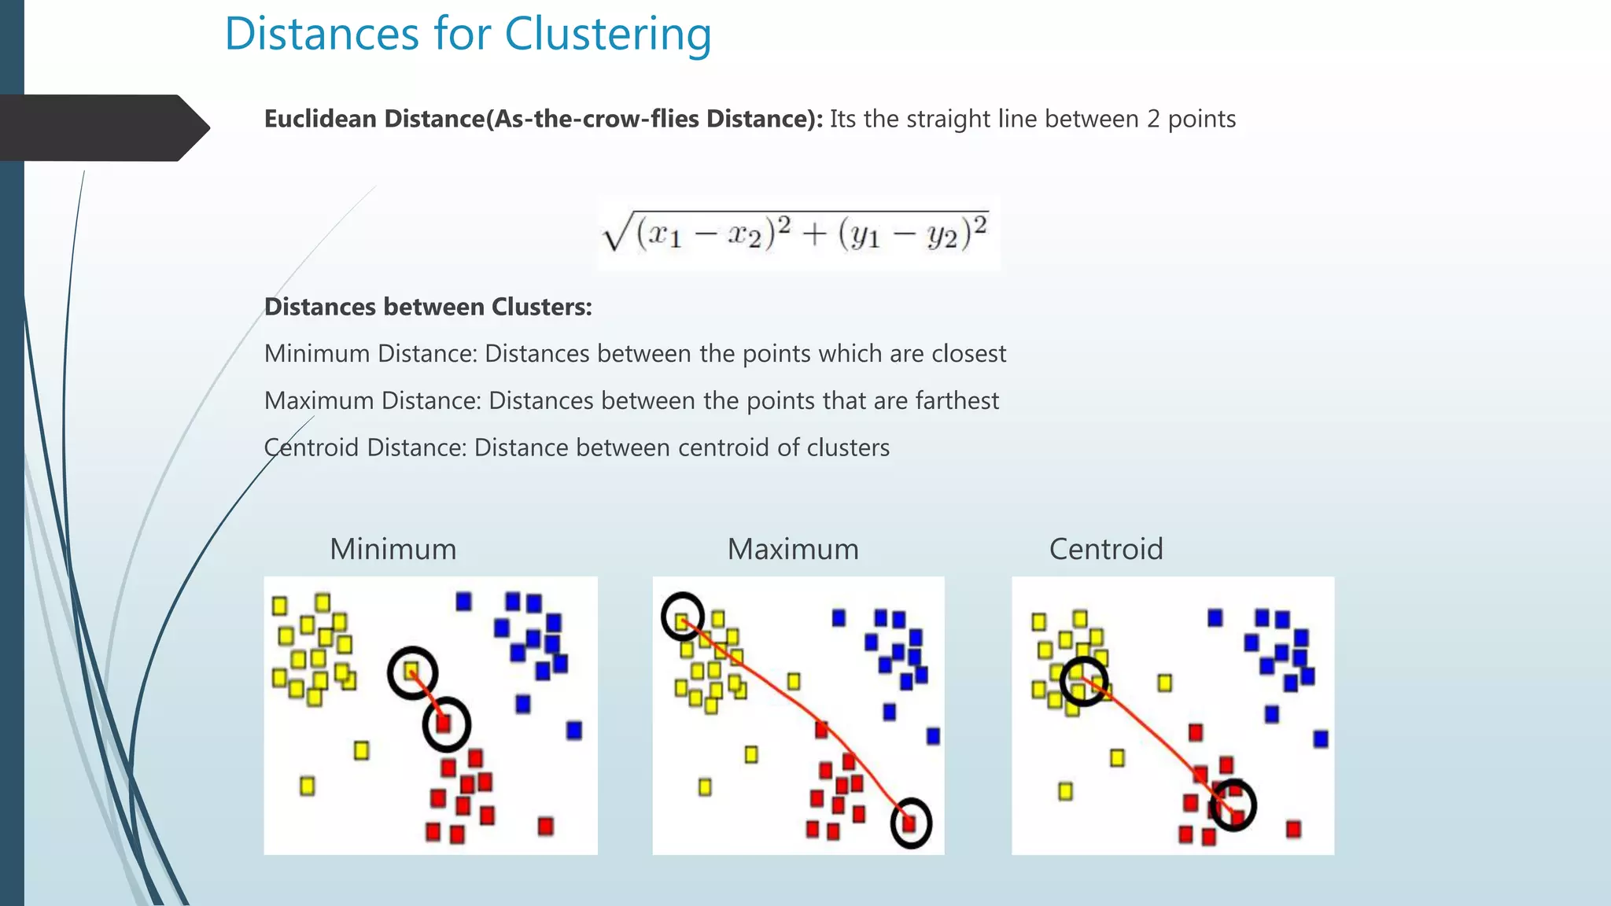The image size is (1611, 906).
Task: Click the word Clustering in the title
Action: click(607, 35)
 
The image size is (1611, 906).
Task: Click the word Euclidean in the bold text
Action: click(320, 119)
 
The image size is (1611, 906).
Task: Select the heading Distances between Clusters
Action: click(428, 307)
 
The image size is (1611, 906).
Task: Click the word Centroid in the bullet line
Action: click(312, 447)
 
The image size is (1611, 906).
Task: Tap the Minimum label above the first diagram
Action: click(393, 549)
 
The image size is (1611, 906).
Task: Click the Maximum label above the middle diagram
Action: click(793, 549)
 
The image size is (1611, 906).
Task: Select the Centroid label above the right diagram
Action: click(1106, 549)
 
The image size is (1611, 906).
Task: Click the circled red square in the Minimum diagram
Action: click(445, 723)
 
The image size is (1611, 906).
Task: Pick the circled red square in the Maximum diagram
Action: click(910, 823)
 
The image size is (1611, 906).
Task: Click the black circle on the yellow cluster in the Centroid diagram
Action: click(1083, 681)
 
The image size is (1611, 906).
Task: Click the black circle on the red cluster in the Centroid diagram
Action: click(1232, 805)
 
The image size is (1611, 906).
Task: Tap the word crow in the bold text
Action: click(617, 119)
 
